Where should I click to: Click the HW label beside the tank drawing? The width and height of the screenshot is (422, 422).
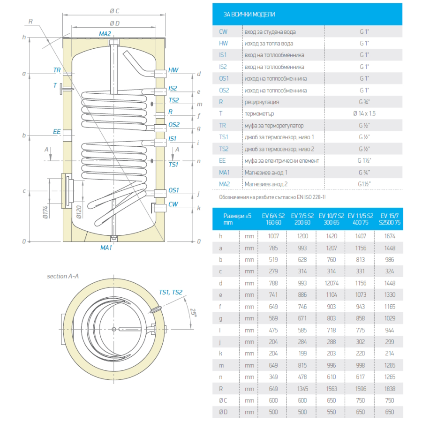[x=173, y=70]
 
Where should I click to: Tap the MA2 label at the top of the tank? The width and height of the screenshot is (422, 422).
[x=105, y=34]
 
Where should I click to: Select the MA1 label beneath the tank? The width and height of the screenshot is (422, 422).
[x=105, y=247]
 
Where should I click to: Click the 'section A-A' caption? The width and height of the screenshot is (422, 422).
[x=63, y=276]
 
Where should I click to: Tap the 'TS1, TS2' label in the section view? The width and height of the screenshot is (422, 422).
[x=170, y=292]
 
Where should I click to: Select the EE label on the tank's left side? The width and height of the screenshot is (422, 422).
[x=57, y=132]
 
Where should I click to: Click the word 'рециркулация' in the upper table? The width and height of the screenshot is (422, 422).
[x=262, y=102]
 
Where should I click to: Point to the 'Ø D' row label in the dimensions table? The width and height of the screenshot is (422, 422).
[x=224, y=412]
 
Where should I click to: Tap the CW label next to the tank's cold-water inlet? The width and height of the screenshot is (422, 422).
[x=173, y=204]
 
